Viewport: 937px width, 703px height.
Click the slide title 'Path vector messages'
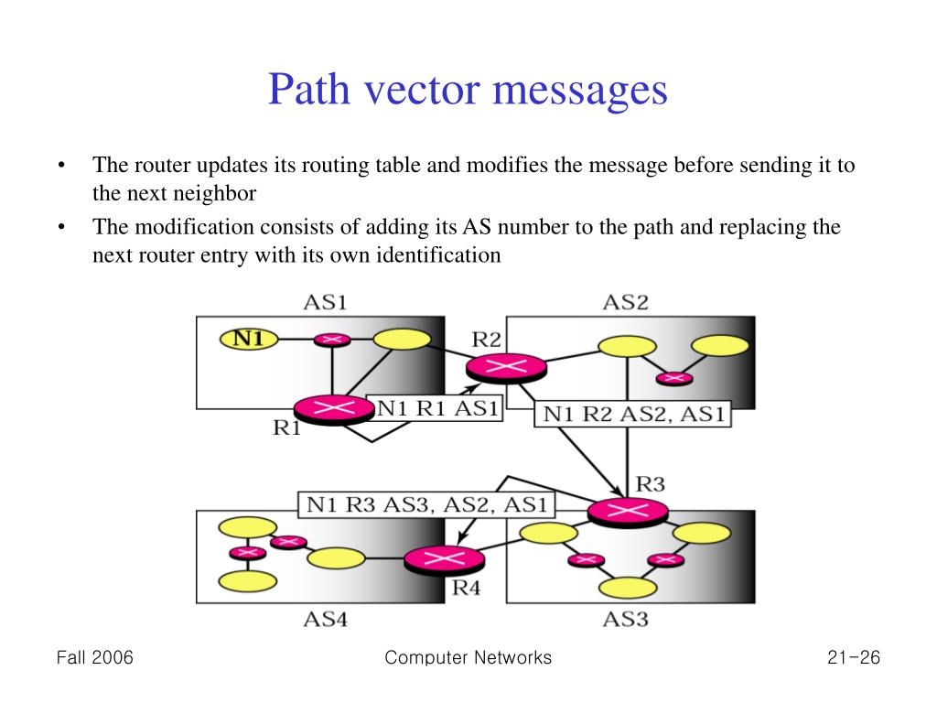pyautogui.click(x=468, y=91)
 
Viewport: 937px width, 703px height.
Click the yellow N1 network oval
pyautogui.click(x=249, y=339)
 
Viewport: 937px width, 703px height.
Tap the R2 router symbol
pyautogui.click(x=506, y=367)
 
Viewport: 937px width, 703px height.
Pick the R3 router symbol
pyautogui.click(x=627, y=512)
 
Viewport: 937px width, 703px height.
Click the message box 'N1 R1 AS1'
pyautogui.click(x=434, y=408)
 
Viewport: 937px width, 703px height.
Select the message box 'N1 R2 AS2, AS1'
pyautogui.click(x=633, y=414)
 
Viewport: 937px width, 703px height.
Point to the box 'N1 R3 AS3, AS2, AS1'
pyautogui.click(x=426, y=504)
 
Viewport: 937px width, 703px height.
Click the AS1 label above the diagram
pyautogui.click(x=326, y=302)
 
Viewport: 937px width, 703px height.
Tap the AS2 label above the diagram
pyautogui.click(x=626, y=302)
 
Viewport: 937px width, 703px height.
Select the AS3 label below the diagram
pyautogui.click(x=626, y=620)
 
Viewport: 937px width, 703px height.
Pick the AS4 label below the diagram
pyautogui.click(x=326, y=620)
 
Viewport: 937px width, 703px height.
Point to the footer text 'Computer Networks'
pyautogui.click(x=468, y=657)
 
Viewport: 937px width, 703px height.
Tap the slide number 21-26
pyautogui.click(x=851, y=657)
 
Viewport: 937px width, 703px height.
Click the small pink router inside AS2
pyautogui.click(x=674, y=376)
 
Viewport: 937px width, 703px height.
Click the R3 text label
pyautogui.click(x=650, y=483)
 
